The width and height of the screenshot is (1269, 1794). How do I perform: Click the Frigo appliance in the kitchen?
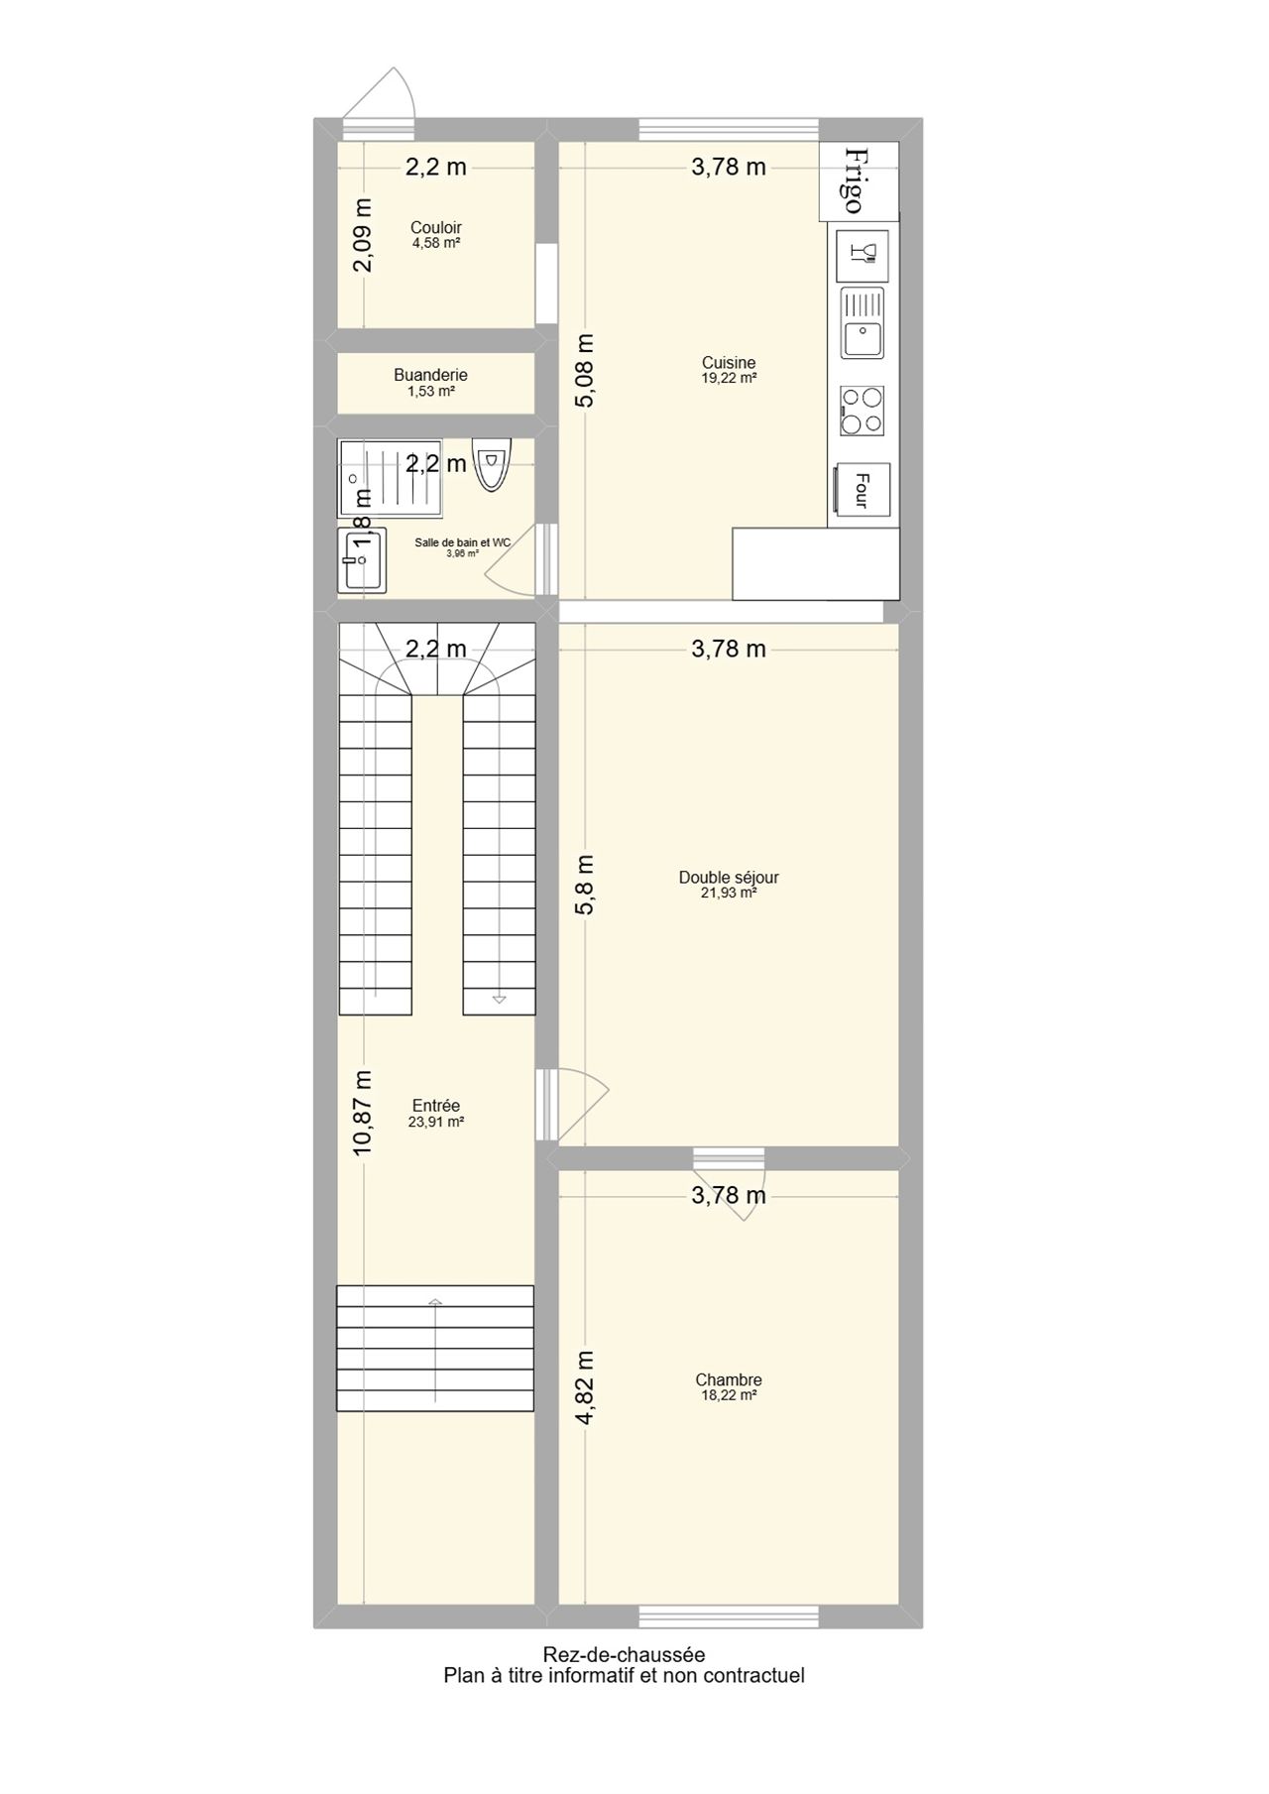859,180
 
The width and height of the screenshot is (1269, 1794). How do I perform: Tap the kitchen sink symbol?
863,323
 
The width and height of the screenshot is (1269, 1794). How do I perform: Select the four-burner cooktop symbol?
863,411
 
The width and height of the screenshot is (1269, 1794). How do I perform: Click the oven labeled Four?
863,490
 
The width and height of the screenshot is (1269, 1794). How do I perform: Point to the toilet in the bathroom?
491,464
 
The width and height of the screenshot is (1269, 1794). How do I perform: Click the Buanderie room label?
430,375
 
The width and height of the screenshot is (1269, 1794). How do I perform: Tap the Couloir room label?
436,227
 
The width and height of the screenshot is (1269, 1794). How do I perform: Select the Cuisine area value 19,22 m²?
729,378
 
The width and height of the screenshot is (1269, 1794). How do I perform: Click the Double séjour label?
729,877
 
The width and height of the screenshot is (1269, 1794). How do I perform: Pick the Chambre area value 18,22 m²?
729,1395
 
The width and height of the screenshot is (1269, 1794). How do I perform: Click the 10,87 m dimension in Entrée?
363,1112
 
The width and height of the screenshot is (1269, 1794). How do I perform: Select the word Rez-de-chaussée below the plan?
624,1654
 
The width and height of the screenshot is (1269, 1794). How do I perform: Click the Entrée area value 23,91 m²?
436,1123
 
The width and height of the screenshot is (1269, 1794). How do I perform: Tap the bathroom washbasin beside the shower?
361,560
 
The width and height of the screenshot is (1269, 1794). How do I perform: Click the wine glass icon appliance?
863,256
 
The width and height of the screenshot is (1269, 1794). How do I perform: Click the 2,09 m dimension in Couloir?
363,234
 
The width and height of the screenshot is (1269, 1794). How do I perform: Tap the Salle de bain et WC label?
463,542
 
